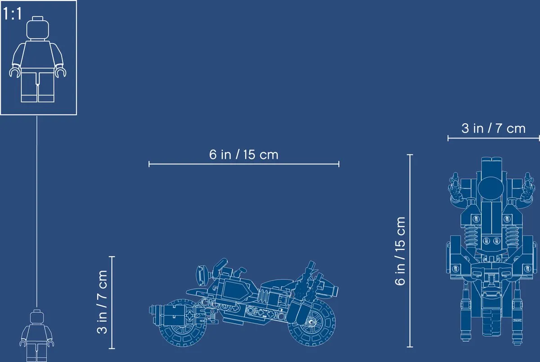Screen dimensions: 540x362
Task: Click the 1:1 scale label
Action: click(x=12, y=14)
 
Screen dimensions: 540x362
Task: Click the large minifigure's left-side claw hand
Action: click(x=15, y=72)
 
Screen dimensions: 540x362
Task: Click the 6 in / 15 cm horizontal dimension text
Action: click(x=244, y=154)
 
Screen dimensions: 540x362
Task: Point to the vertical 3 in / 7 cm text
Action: click(x=102, y=302)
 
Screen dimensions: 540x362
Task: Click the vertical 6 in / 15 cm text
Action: click(x=400, y=251)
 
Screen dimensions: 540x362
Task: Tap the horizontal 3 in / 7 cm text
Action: click(x=494, y=128)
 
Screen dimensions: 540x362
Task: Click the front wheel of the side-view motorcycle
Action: click(x=181, y=323)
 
